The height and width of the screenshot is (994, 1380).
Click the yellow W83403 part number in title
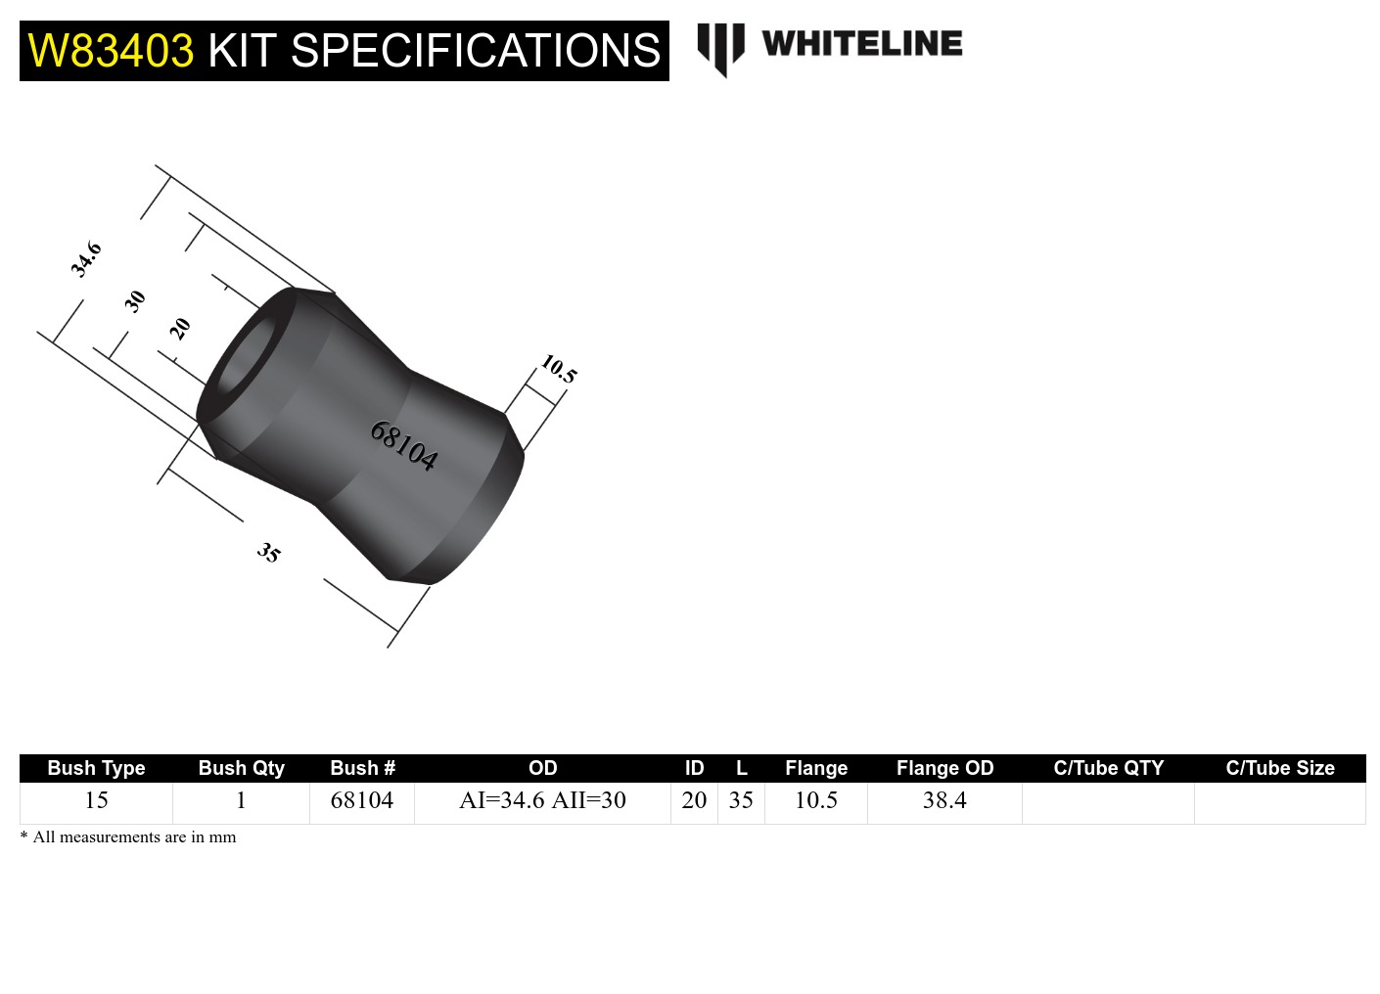[x=111, y=51]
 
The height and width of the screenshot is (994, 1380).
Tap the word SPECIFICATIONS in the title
[x=476, y=51]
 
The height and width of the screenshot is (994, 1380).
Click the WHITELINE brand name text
[x=861, y=44]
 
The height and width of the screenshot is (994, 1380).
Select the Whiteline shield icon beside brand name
[x=720, y=48]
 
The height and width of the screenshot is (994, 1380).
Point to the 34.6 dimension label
[x=86, y=259]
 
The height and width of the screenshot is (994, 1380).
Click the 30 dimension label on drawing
[x=135, y=300]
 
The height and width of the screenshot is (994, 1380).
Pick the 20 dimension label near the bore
[x=179, y=329]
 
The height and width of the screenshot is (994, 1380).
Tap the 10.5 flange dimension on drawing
[x=559, y=369]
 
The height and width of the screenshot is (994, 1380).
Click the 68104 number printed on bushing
[x=403, y=446]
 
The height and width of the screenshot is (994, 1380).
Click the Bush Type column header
[x=96, y=768]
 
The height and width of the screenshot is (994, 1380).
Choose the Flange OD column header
[x=944, y=768]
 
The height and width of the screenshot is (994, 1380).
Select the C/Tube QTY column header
[x=1108, y=768]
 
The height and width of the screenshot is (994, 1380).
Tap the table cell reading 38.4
[x=944, y=800]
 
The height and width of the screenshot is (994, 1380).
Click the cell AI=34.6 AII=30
[x=542, y=800]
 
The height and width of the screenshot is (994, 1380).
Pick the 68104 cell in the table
[x=361, y=800]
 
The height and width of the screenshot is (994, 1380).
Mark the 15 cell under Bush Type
[x=96, y=800]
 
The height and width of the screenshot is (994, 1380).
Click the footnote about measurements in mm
[x=128, y=837]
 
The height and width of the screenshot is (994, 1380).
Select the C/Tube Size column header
[x=1279, y=768]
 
